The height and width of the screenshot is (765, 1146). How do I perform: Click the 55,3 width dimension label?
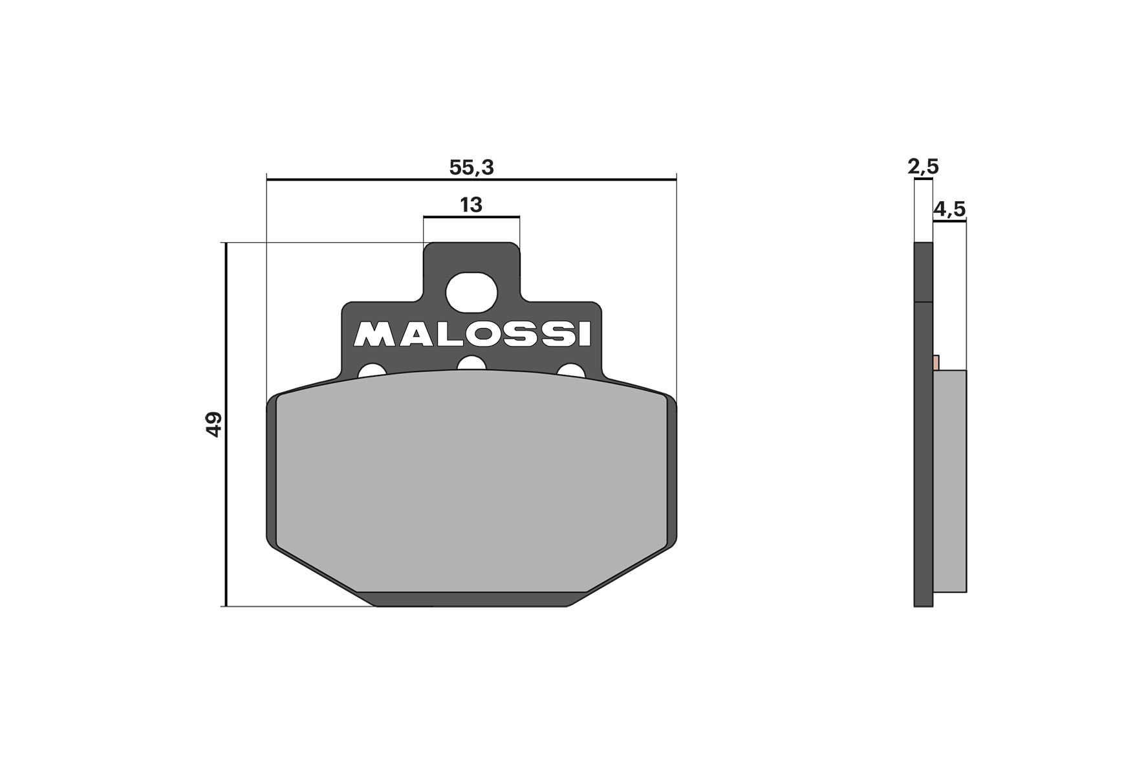point(471,168)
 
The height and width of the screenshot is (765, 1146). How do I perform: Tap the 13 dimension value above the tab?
point(471,205)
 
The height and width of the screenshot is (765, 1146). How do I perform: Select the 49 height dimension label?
point(214,425)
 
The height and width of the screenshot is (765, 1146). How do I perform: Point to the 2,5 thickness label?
point(923,167)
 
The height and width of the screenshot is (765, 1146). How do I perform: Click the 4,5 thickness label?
point(949,209)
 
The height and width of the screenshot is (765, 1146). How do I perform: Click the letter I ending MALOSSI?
point(585,334)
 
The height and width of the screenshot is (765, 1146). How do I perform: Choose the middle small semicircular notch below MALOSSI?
point(471,364)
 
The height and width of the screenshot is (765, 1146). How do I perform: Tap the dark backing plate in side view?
point(924,453)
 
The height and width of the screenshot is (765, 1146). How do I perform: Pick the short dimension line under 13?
point(471,217)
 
